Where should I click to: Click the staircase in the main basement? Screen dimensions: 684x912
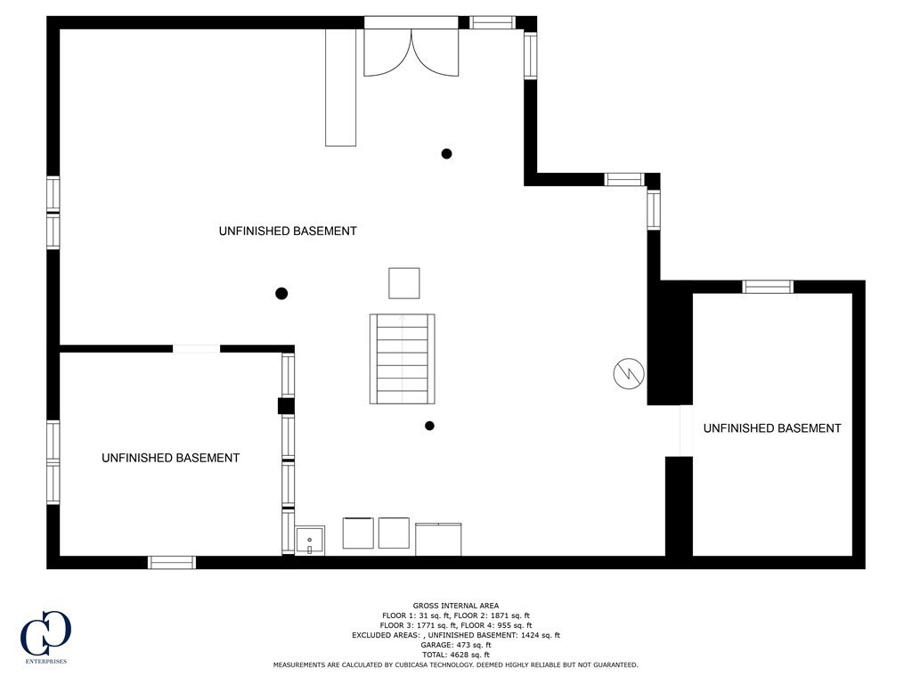[403, 358]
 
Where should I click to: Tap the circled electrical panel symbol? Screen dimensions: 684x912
[628, 373]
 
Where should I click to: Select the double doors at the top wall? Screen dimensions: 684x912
[411, 51]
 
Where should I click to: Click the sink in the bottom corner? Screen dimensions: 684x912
[310, 541]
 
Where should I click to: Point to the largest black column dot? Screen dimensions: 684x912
[281, 293]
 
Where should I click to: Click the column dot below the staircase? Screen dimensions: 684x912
[429, 426]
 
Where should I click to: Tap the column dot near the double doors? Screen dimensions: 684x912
[446, 153]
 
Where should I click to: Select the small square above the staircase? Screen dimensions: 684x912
[403, 283]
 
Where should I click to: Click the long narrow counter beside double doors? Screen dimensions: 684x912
[340, 86]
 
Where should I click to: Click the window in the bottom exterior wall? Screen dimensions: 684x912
[171, 562]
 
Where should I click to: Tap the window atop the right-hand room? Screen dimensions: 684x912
[768, 287]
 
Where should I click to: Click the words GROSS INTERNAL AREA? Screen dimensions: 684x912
[456, 606]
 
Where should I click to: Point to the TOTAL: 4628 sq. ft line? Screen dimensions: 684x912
[456, 655]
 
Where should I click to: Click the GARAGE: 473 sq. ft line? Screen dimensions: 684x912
[456, 645]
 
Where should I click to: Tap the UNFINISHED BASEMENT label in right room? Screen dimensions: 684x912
[772, 428]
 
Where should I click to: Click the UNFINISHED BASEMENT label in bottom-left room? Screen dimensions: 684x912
[170, 458]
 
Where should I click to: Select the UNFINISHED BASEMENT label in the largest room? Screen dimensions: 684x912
[288, 231]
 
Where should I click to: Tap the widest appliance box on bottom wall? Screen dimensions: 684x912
[438, 539]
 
